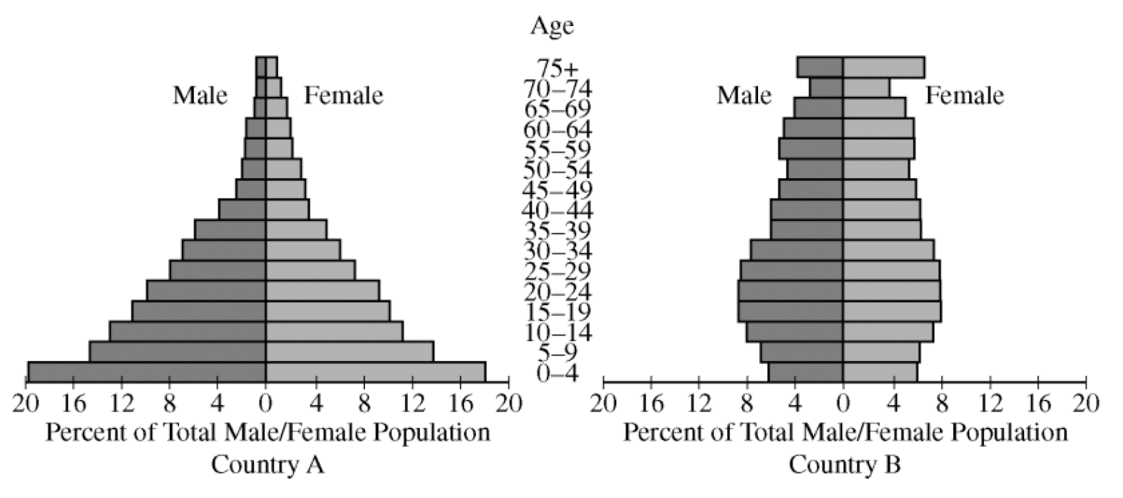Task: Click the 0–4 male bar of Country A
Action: coord(147,372)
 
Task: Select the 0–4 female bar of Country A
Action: coord(376,372)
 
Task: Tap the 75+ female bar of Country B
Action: coord(884,67)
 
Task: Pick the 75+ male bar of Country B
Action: coord(820,67)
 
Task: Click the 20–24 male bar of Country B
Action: coord(790,291)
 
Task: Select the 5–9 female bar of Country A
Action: coord(350,352)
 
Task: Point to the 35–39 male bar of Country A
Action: coord(230,230)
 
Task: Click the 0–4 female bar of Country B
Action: coord(880,372)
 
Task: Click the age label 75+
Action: coord(558,69)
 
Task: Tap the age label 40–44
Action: coord(558,210)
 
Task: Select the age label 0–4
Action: coord(558,373)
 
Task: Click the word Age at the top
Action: coord(552,26)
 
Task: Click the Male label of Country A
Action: coord(200,95)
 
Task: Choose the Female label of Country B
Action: coord(964,95)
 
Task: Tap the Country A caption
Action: coord(267,464)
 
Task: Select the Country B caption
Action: coord(844,464)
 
